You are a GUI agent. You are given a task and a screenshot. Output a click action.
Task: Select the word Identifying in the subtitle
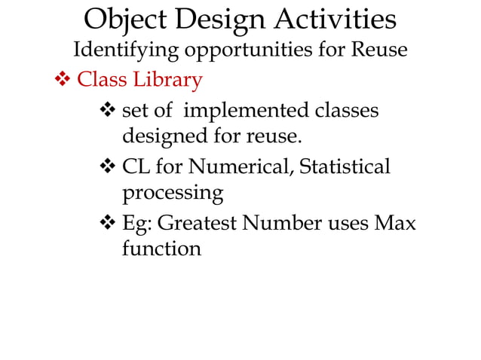click(x=126, y=50)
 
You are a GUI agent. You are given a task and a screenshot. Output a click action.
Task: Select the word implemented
click(x=243, y=111)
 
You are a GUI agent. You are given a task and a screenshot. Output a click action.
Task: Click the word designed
click(x=159, y=139)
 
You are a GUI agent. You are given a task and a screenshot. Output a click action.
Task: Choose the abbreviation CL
click(x=136, y=166)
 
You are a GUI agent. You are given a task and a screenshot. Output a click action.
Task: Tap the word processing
click(x=173, y=194)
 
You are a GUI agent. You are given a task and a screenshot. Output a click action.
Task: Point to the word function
click(x=161, y=249)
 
